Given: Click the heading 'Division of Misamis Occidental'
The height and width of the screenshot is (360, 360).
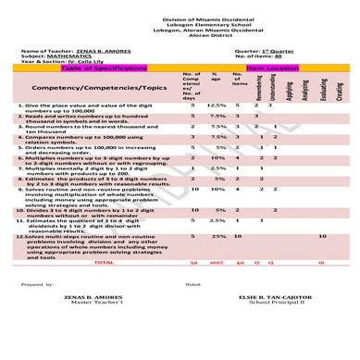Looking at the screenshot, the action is pos(180,8).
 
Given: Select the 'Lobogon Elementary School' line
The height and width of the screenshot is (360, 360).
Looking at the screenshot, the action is pos(180,15).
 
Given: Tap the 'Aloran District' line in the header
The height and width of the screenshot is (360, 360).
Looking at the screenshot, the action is pos(180,28).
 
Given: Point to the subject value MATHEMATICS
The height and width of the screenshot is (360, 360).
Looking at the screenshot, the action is pos(69,57).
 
